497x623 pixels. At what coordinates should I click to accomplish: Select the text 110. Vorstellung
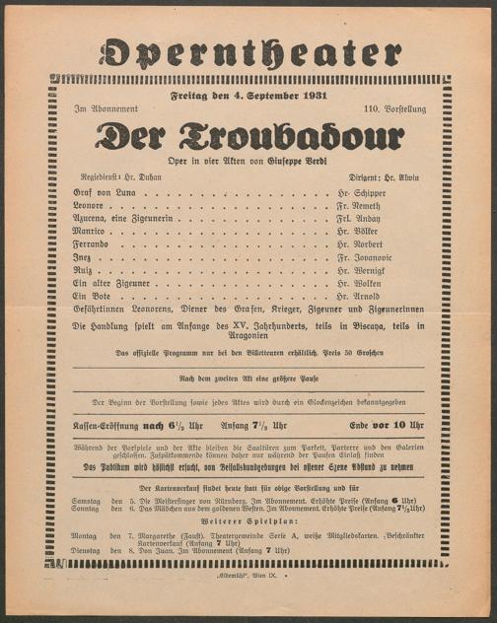coord(394,108)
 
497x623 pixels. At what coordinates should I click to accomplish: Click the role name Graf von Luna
coord(98,193)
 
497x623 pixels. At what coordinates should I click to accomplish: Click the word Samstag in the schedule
coord(87,500)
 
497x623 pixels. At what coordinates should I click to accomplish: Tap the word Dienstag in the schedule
coord(88,549)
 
